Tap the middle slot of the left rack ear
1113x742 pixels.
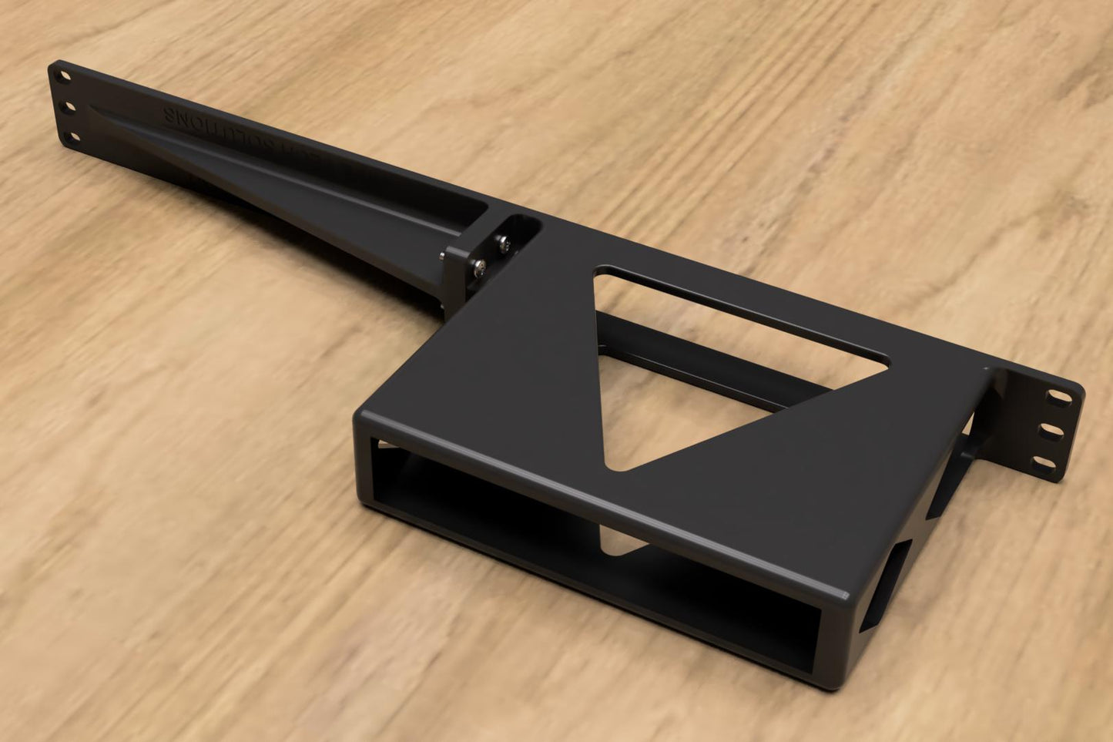point(69,107)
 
